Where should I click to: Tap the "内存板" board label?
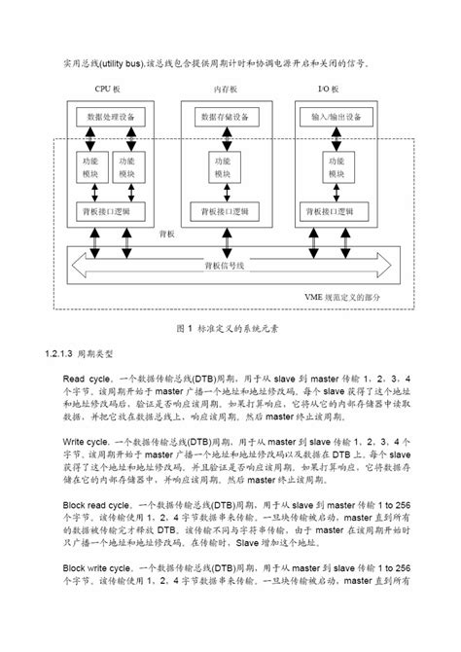coord(225,90)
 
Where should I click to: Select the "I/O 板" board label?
coord(330,90)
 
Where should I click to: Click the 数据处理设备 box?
coord(111,118)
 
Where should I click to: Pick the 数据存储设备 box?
coord(224,118)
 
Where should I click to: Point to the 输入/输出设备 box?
coord(336,118)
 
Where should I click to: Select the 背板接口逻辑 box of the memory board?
coord(224,210)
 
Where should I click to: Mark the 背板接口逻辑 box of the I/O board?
coord(337,210)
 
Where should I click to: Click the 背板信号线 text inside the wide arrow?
coord(226,264)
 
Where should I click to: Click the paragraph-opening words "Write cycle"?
coord(90,440)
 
